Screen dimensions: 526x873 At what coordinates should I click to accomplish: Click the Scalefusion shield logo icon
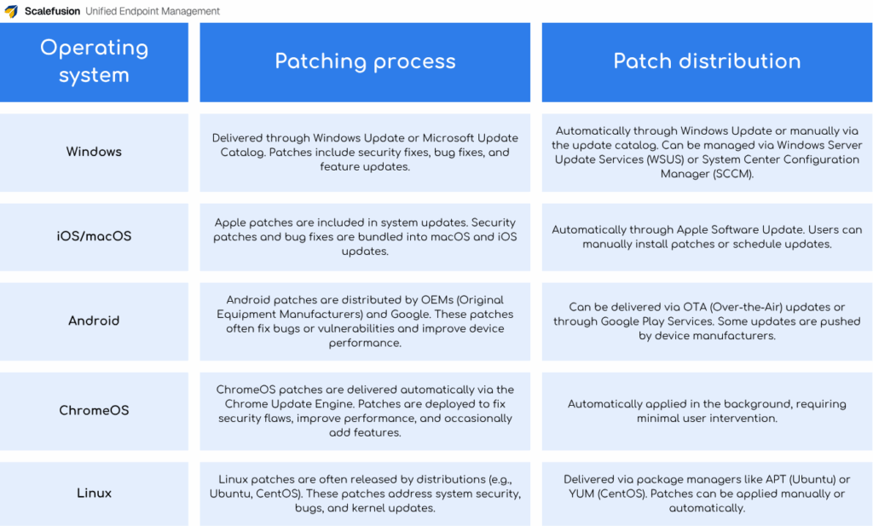pyautogui.click(x=11, y=11)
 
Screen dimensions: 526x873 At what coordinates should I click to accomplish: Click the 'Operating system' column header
pyautogui.click(x=94, y=61)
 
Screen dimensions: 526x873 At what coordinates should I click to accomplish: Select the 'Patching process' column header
pyautogui.click(x=365, y=61)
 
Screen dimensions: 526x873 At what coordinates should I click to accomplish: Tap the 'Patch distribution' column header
pyautogui.click(x=707, y=61)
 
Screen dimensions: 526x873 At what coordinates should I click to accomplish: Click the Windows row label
pyautogui.click(x=94, y=152)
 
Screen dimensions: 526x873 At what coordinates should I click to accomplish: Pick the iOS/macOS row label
pyautogui.click(x=94, y=236)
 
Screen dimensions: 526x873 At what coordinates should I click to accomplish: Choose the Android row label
pyautogui.click(x=94, y=321)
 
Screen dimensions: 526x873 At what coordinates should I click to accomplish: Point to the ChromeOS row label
pyautogui.click(x=94, y=410)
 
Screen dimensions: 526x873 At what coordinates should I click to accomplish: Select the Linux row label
pyautogui.click(x=94, y=493)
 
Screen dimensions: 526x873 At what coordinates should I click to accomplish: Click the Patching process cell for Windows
pyautogui.click(x=365, y=152)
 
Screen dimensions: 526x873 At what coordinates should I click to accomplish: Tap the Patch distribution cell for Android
pyautogui.click(x=707, y=321)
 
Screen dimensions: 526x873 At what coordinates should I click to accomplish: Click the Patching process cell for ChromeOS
pyautogui.click(x=365, y=411)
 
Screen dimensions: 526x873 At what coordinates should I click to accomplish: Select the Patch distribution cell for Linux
pyautogui.click(x=707, y=494)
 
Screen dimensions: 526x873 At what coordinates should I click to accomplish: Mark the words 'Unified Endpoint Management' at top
pyautogui.click(x=153, y=11)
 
